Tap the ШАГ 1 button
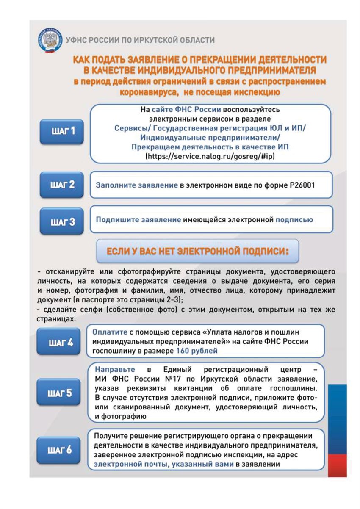[x=61, y=131]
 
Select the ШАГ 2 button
[x=61, y=185]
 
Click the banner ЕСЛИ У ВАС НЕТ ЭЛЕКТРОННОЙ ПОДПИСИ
[x=197, y=251]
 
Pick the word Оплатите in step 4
[x=108, y=332]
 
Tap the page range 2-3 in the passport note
[x=172, y=300]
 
